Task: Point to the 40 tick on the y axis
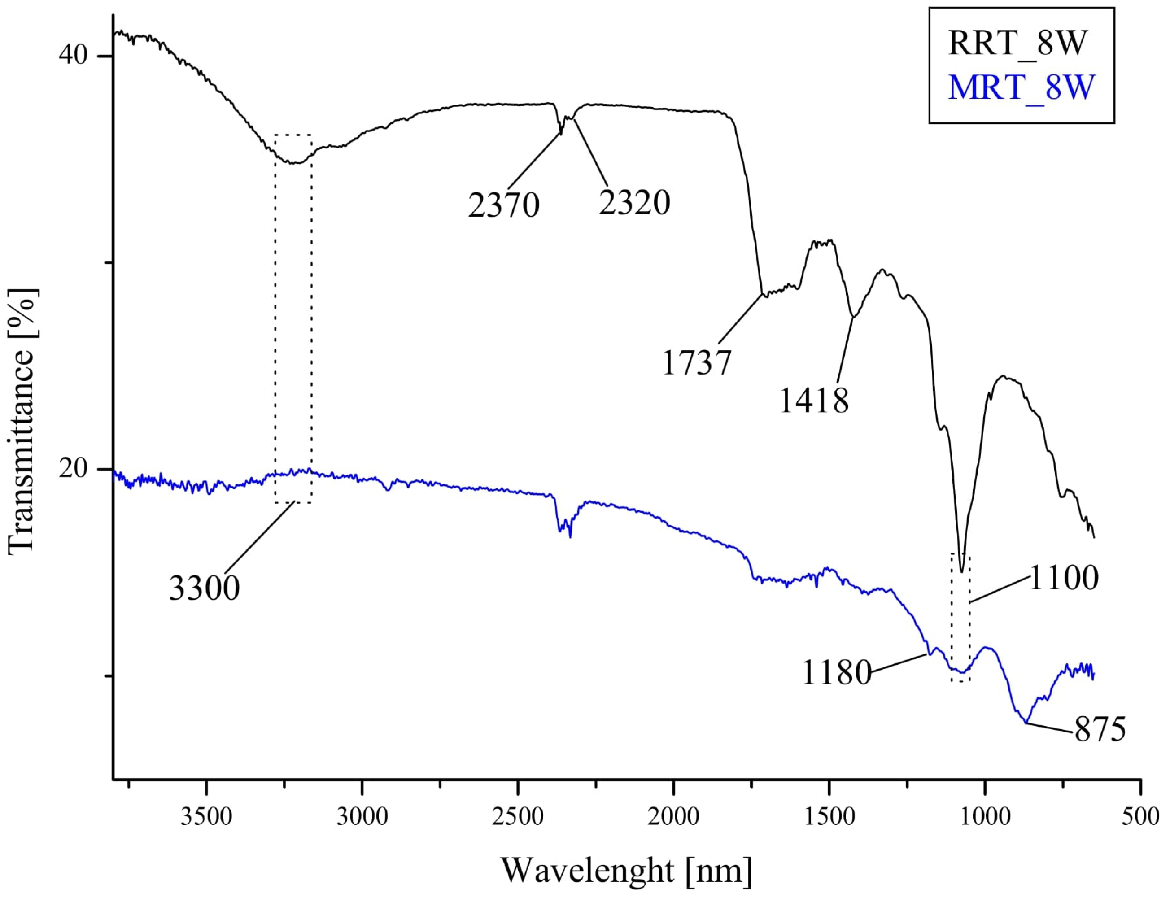[x=73, y=55]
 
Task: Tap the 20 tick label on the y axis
[x=73, y=469]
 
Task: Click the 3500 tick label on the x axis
[x=206, y=817]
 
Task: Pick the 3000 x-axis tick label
[x=362, y=817]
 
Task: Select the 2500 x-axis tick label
[x=518, y=817]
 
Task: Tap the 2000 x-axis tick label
[x=673, y=817]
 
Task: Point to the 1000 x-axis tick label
[x=985, y=817]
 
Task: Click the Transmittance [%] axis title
[x=22, y=421]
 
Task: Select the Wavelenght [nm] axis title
[x=626, y=871]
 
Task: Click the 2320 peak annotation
[x=634, y=203]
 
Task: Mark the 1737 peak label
[x=696, y=363]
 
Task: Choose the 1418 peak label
[x=814, y=401]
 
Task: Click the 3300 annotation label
[x=204, y=588]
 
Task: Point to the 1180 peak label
[x=836, y=673]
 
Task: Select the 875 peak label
[x=1100, y=729]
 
